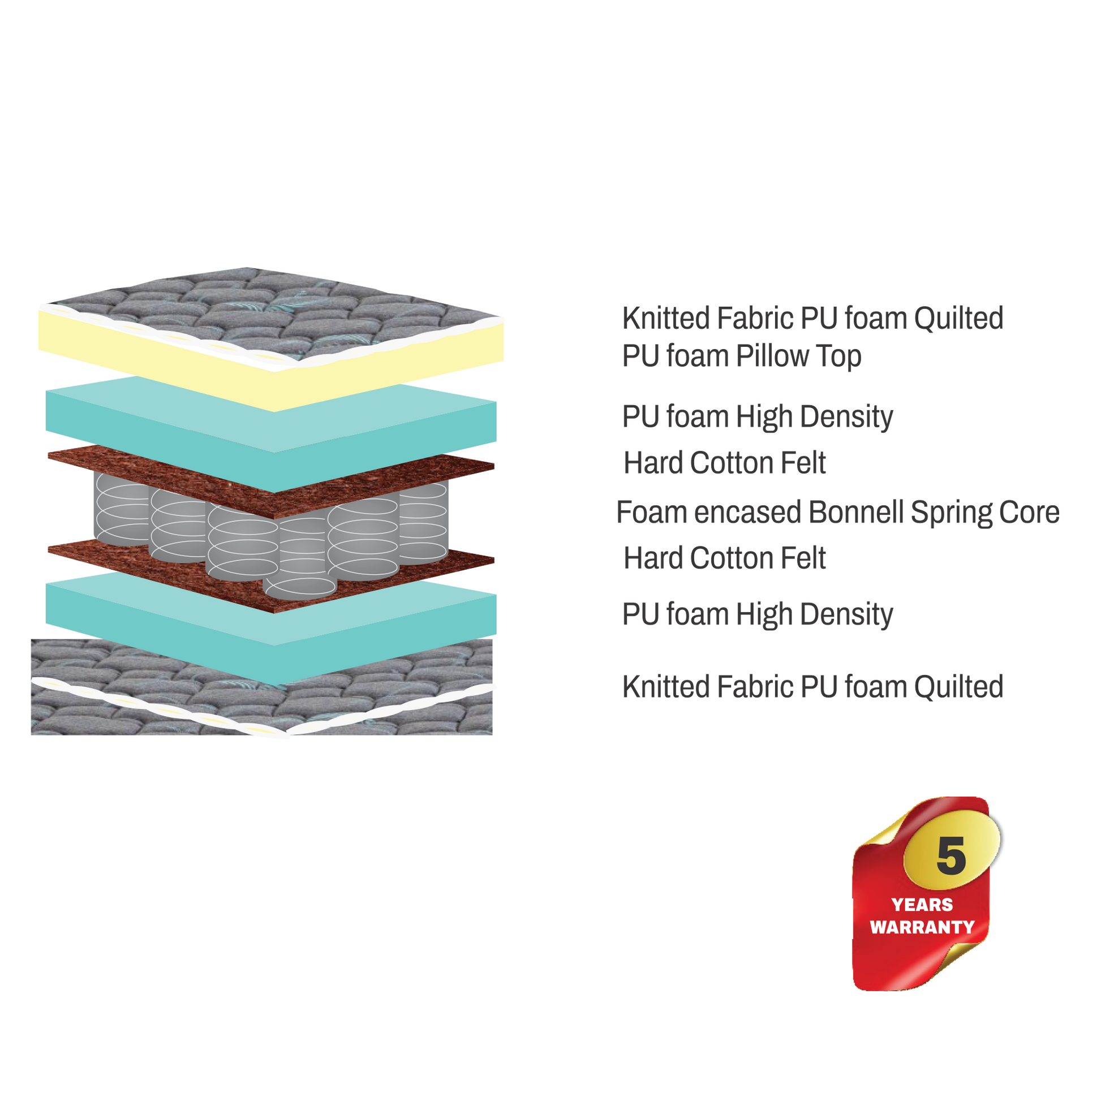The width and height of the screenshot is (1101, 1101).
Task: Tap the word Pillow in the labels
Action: point(772,356)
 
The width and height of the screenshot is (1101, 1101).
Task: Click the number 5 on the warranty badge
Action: point(951,856)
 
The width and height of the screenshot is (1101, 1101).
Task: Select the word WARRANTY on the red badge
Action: point(922,927)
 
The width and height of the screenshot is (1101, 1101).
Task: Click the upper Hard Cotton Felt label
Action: point(724,463)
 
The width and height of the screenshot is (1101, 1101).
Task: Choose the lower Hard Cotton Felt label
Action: point(724,558)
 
